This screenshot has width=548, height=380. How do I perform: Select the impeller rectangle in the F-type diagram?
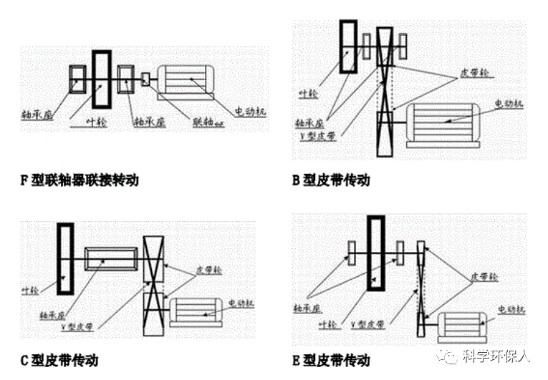102,79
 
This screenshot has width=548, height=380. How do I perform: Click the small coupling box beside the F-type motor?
147,79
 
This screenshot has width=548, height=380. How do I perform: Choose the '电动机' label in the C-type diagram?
241,303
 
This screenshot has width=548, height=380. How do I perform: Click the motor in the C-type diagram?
196,313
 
